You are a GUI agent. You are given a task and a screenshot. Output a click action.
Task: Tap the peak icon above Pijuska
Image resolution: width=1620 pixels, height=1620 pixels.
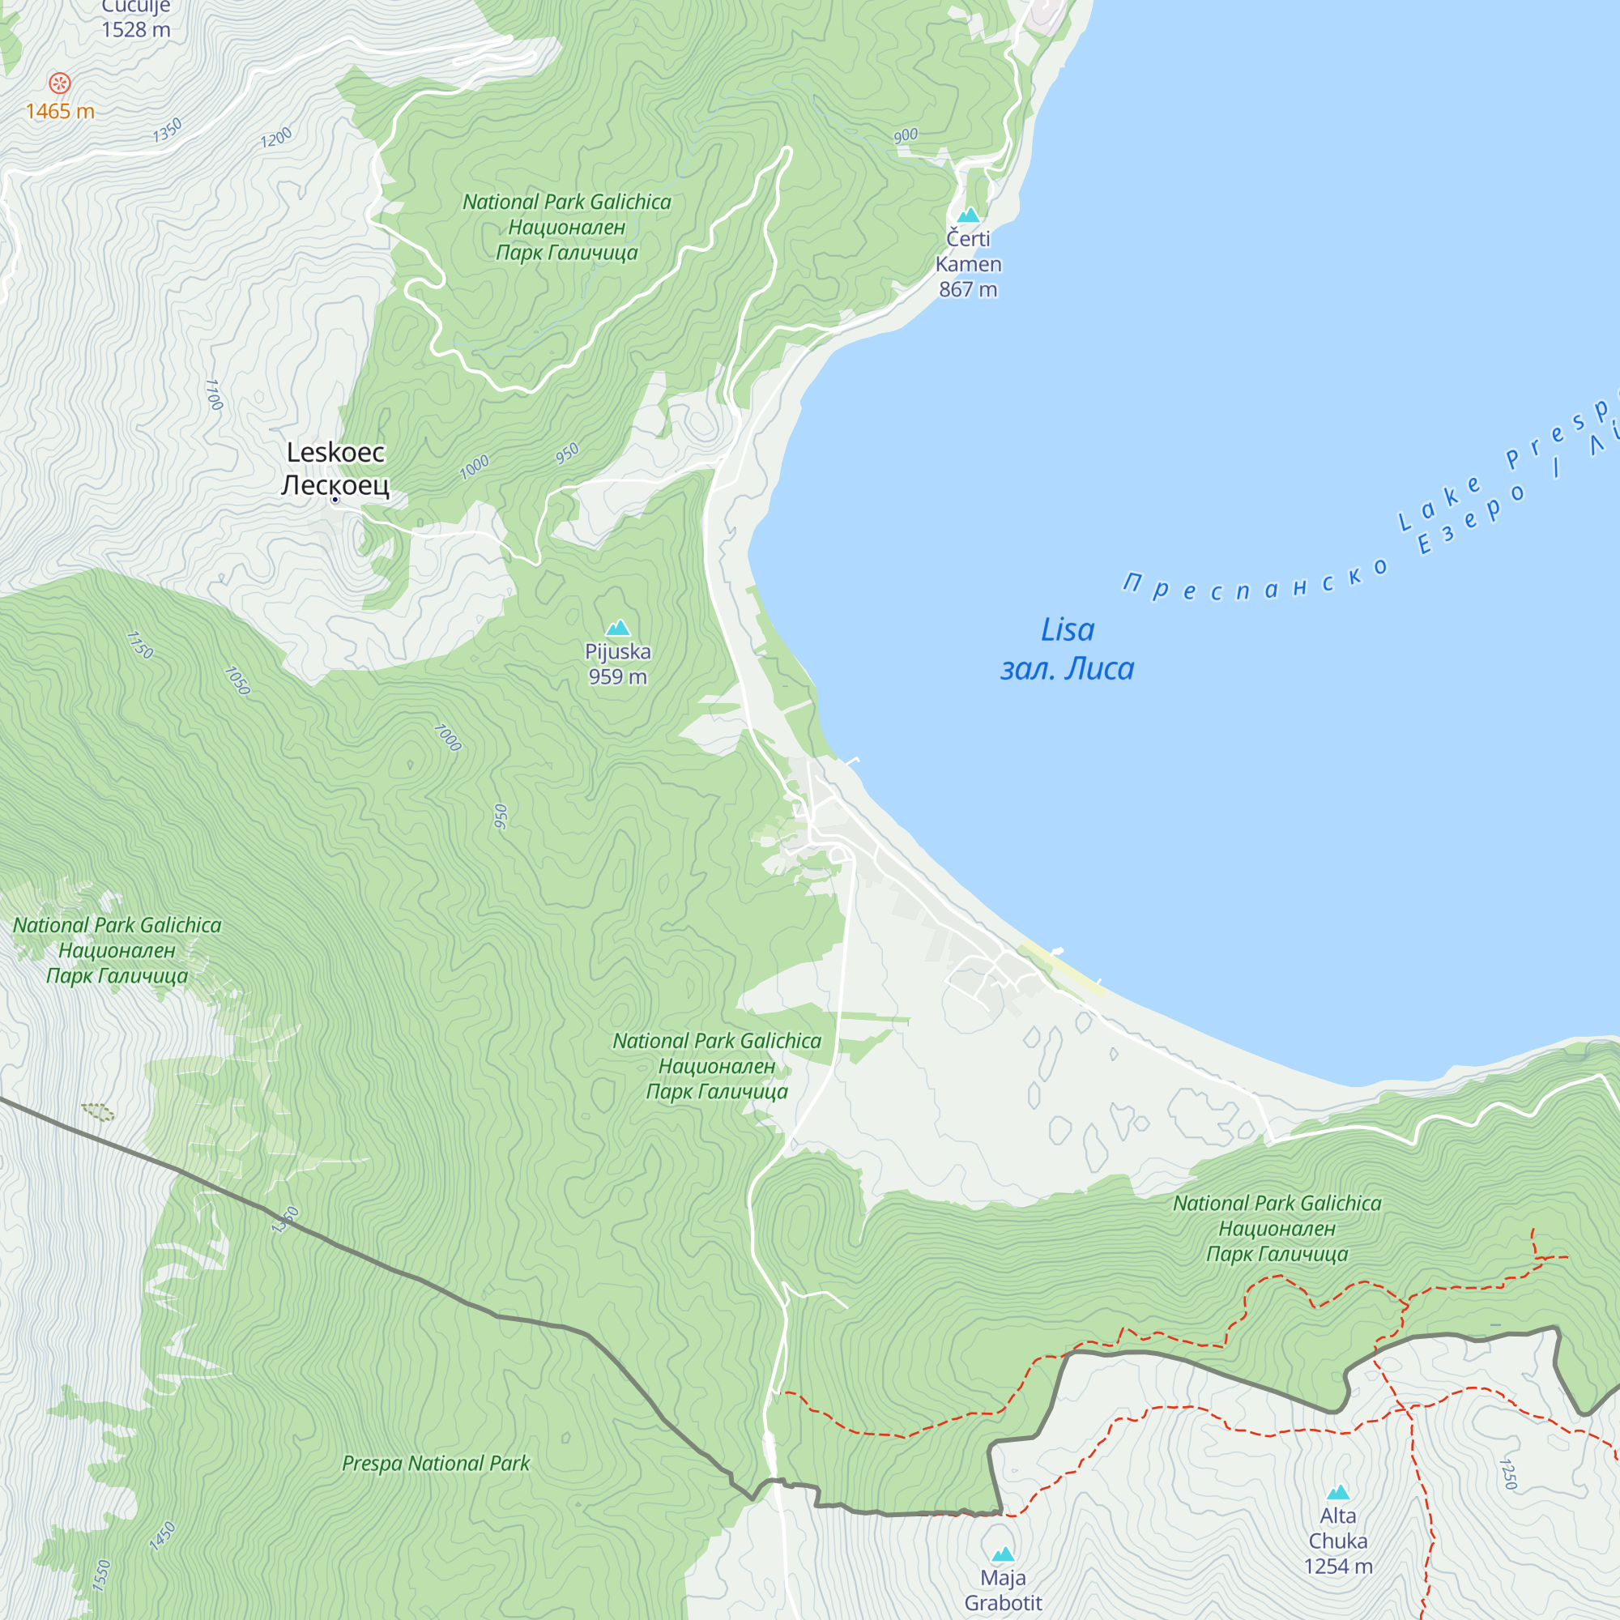[x=618, y=627]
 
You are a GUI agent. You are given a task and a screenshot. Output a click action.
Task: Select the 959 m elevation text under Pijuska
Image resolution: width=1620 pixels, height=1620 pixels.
[x=618, y=676]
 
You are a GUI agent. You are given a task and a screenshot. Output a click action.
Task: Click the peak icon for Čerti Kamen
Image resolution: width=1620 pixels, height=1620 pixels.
[x=969, y=215]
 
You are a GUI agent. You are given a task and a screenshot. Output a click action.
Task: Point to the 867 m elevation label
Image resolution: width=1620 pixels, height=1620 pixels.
[x=968, y=289]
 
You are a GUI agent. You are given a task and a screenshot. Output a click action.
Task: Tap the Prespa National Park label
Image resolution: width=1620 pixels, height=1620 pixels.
[x=436, y=1463]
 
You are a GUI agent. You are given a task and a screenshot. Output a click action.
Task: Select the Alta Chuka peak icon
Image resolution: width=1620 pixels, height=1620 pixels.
[x=1337, y=1492]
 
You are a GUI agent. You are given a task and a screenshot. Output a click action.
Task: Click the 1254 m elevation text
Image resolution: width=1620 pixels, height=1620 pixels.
[x=1337, y=1566]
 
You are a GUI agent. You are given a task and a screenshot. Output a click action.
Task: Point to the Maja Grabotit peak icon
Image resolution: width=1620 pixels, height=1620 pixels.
[x=1003, y=1554]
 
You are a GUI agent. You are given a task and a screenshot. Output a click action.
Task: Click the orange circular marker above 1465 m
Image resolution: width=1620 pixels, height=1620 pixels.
[x=59, y=82]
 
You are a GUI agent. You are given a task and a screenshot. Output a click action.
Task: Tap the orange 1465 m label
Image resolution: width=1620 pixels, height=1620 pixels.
[x=59, y=112]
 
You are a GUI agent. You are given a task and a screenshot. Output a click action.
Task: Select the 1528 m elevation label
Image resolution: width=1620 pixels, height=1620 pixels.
[x=136, y=30]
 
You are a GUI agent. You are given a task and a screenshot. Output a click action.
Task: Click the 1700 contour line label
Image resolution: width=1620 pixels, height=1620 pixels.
[x=214, y=394]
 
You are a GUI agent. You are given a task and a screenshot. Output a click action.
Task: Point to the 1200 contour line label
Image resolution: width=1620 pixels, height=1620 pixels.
[x=276, y=138]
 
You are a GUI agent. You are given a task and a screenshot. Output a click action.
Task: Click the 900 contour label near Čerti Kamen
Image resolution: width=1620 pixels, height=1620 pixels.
[x=906, y=136]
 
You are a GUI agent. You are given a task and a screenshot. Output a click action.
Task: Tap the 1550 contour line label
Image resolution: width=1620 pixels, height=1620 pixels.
[x=101, y=1575]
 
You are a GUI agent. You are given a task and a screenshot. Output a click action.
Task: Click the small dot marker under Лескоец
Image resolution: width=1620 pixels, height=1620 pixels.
[x=335, y=500]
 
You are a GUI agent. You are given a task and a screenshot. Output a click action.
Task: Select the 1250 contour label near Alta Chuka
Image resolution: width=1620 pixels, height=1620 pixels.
[x=1507, y=1474]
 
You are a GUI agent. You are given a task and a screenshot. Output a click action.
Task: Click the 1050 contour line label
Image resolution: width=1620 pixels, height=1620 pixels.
[x=237, y=681]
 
